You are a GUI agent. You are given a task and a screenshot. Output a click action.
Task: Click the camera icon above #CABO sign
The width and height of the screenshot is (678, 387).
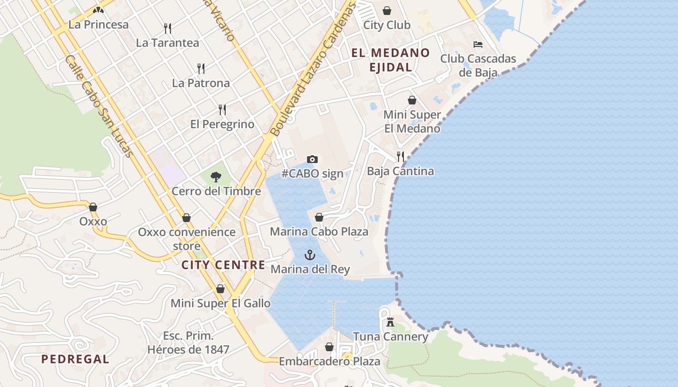coord(312,159)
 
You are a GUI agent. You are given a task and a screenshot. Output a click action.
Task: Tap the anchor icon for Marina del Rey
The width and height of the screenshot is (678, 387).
coord(310,255)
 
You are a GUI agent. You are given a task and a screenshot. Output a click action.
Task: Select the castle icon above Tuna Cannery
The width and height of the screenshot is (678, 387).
coord(390,322)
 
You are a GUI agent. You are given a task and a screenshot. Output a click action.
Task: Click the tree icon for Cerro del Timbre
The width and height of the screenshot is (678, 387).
coord(216,177)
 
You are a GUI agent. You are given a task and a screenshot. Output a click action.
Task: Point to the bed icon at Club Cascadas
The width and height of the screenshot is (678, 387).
coord(478,45)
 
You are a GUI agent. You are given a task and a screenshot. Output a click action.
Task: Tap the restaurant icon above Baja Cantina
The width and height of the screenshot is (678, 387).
coord(401,157)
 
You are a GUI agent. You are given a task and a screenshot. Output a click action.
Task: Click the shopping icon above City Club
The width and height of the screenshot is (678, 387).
coord(387,11)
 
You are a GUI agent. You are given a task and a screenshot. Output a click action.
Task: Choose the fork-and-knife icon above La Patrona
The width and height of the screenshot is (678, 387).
coord(201,69)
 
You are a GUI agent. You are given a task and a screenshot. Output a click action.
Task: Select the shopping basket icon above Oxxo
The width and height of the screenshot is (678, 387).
coord(93,208)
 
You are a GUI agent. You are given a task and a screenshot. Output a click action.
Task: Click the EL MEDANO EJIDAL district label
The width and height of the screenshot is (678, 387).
coord(390,60)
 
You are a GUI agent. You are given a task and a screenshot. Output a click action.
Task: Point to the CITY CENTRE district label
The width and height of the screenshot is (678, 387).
coord(223,265)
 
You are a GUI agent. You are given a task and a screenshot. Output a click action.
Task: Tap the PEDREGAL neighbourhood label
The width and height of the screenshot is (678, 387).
coord(75,359)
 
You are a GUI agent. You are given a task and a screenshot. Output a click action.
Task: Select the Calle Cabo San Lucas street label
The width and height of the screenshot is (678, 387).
coord(99,106)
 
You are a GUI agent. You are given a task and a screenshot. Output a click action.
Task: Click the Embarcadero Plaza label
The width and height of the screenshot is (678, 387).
coord(329,361)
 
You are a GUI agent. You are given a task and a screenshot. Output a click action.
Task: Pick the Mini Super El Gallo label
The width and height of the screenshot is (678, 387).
coord(220,303)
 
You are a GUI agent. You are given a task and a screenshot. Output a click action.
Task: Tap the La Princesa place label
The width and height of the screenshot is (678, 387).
coord(99,25)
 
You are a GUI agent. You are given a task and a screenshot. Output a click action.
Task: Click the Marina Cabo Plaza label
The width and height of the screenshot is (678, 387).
coord(319,232)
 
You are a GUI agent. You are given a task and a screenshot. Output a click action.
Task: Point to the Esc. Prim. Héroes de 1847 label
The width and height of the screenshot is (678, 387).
coord(188,342)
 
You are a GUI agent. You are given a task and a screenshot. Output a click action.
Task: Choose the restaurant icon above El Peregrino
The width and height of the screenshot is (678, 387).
coord(222,110)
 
